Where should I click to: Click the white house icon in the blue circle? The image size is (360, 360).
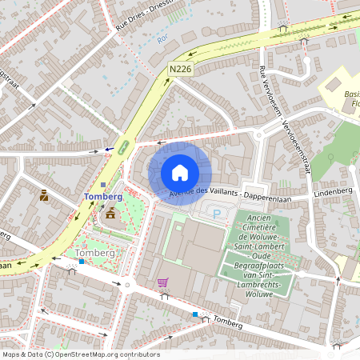tap(180, 172)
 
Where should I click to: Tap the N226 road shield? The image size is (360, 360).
tap(180, 70)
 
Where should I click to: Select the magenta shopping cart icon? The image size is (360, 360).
tap(163, 282)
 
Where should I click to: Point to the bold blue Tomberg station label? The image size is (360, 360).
tap(103, 197)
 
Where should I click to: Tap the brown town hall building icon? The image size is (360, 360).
tap(110, 213)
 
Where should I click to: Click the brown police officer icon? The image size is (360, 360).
tap(43, 194)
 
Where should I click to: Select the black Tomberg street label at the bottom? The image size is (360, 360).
tap(229, 322)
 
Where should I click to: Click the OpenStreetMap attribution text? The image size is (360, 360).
tap(80, 354)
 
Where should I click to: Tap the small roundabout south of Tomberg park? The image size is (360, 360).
tap(126, 283)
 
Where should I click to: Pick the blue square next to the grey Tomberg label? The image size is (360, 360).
tap(81, 262)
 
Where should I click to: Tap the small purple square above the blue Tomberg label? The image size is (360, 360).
tap(103, 185)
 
